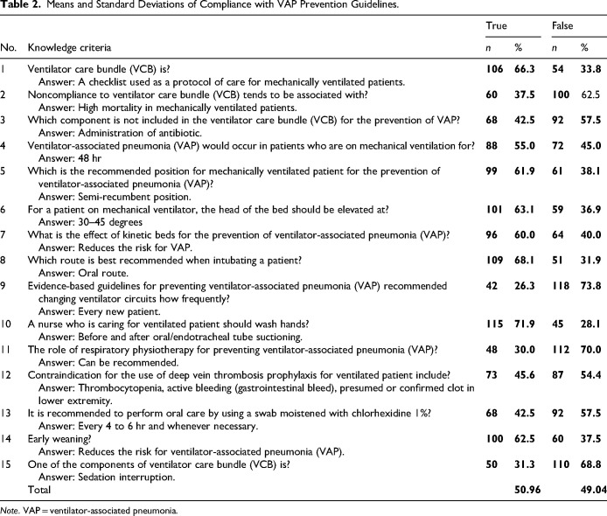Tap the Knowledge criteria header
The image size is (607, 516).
tap(72, 46)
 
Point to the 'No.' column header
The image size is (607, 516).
tap(10, 46)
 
